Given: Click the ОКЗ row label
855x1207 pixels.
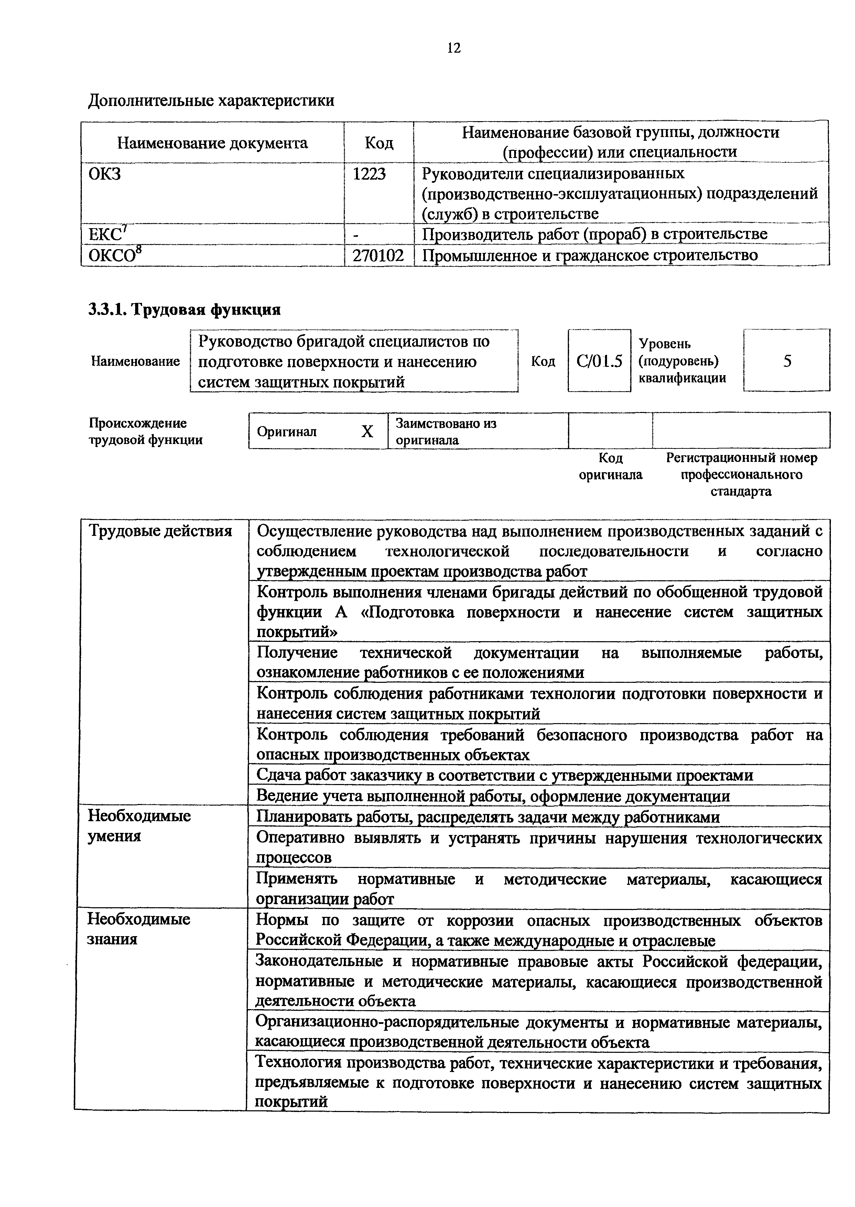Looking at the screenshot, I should tap(104, 174).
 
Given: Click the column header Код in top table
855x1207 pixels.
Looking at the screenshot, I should tap(379, 143).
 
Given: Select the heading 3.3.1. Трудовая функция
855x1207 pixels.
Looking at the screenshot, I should tap(184, 309).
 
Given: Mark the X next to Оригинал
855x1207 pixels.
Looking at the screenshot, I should tap(367, 432).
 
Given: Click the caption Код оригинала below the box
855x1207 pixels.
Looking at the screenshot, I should tap(611, 466).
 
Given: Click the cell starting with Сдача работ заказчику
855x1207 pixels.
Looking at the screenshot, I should tap(504, 775).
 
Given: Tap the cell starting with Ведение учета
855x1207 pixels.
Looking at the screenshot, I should tap(493, 795).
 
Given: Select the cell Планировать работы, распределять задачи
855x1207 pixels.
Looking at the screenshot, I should tap(488, 817).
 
